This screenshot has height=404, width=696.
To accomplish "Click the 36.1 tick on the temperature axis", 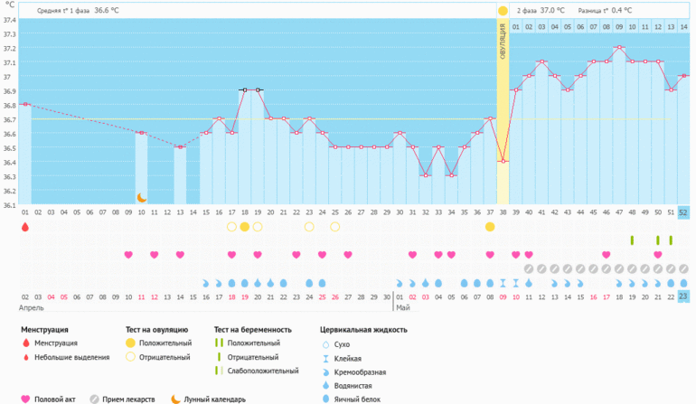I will click(9, 204).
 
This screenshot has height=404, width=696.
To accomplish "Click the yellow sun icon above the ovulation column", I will click(503, 10).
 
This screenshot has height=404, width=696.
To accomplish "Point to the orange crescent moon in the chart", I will click(141, 196).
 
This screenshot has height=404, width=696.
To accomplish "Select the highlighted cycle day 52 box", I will click(683, 212).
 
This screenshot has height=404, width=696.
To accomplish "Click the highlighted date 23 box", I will click(683, 296).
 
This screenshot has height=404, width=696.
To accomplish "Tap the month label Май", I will click(402, 308).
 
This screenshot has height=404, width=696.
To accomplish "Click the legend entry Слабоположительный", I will click(262, 371).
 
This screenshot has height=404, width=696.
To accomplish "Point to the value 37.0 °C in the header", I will click(552, 10).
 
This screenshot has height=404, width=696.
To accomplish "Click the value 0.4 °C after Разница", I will click(622, 10).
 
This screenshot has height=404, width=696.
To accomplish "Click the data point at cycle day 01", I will click(25, 105).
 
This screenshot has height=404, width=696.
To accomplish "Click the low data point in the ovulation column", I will click(503, 161).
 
